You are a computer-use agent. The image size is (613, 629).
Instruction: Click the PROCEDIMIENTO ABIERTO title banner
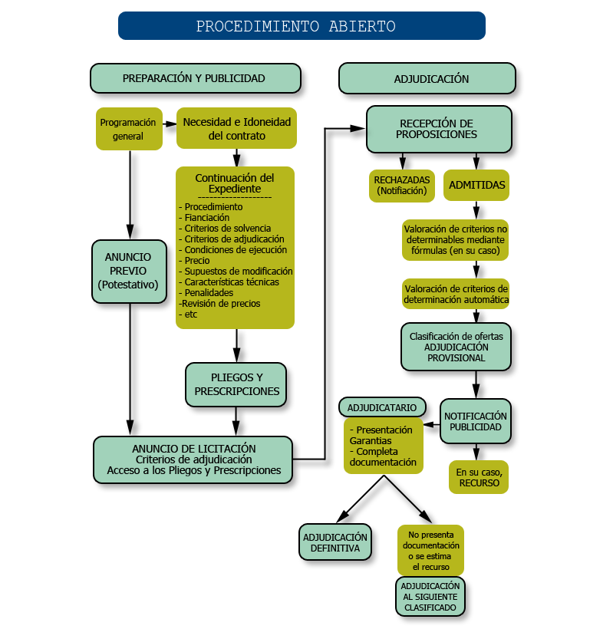[x=302, y=25]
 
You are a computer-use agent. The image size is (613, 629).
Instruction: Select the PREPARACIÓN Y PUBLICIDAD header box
[x=195, y=78]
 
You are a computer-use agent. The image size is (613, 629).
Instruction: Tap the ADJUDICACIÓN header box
[x=427, y=78]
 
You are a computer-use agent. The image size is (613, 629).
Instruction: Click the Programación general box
[x=129, y=129]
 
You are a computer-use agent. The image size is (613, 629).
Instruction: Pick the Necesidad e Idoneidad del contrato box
[x=236, y=128]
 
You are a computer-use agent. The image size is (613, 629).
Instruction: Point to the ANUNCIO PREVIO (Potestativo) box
[x=129, y=271]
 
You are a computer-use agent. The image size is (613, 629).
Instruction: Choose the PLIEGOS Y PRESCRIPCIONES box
[x=236, y=384]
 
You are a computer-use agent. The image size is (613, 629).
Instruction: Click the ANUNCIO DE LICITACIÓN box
[x=193, y=459]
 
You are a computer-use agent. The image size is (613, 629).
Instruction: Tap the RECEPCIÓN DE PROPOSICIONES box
[x=438, y=129]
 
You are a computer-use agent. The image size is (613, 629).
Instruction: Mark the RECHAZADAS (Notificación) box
[x=401, y=185]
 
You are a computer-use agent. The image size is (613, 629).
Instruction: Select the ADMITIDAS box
[x=476, y=185]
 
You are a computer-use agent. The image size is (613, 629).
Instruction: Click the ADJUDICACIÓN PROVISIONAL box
[x=456, y=347]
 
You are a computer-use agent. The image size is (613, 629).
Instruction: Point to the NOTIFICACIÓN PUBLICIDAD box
[x=476, y=421]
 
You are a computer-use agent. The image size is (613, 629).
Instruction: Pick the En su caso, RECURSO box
[x=478, y=477]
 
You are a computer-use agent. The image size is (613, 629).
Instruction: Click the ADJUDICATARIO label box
[x=382, y=407]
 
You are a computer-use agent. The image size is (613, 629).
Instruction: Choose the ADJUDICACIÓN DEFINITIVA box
[x=335, y=542]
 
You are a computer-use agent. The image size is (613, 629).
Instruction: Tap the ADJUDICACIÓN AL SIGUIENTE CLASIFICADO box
[x=430, y=596]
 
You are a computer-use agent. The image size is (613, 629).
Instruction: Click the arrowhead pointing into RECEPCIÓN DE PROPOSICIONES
[x=358, y=129]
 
